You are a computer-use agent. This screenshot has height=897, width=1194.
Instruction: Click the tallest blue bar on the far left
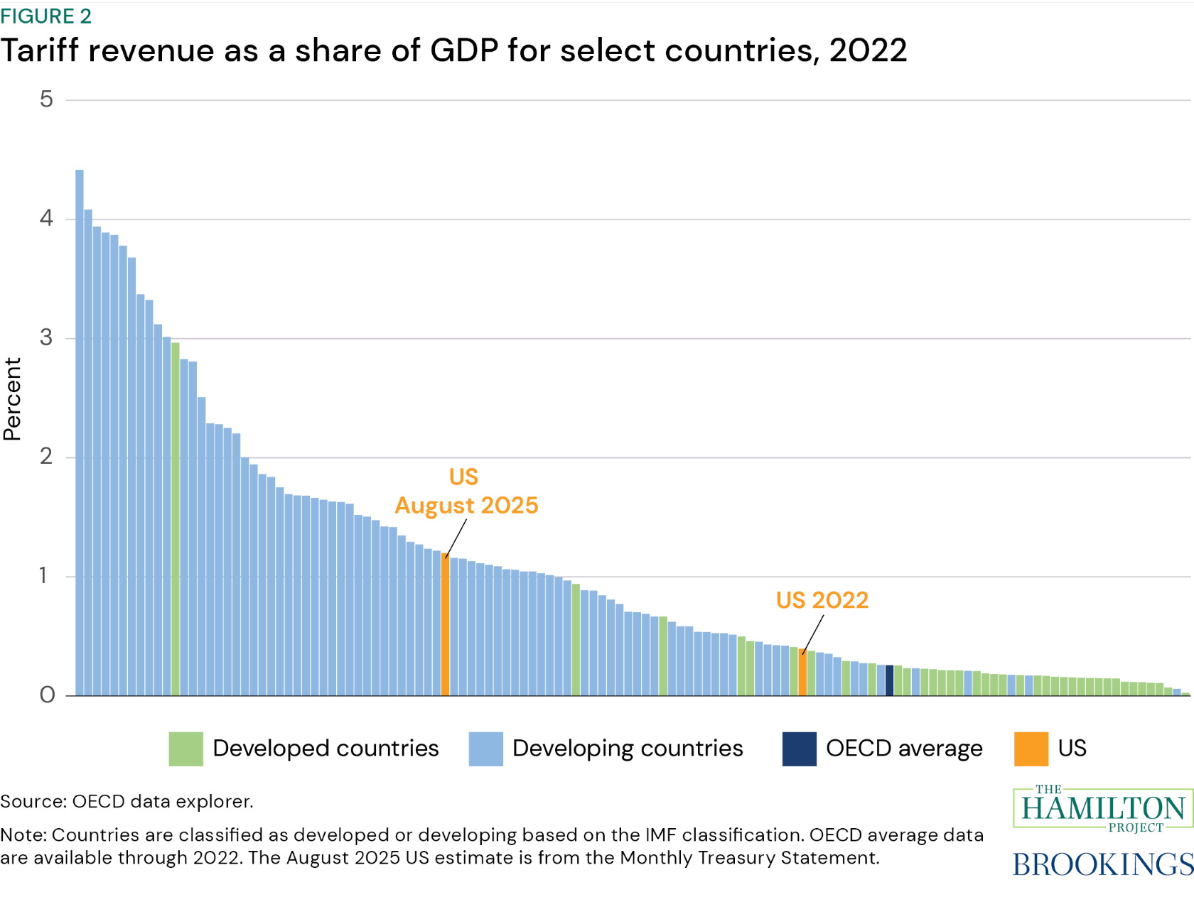pos(80,433)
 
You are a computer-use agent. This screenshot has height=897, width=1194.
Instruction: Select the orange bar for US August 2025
pos(445,625)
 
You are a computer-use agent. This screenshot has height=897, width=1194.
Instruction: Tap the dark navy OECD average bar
pos(889,680)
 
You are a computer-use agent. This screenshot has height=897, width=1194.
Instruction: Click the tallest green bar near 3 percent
pos(176,518)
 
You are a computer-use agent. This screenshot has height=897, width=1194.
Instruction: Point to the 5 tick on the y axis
pos(47,99)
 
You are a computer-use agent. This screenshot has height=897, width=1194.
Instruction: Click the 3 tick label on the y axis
pos(47,337)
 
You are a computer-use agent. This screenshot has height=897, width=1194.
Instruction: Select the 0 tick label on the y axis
pos(47,695)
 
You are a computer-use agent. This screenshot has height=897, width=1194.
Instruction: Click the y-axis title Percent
pos(13,398)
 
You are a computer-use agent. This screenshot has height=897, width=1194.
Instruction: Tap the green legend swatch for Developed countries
pos(185,749)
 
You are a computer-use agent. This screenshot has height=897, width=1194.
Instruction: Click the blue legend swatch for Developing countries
pos(485,749)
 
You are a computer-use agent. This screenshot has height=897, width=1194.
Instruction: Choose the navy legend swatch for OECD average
pos(799,749)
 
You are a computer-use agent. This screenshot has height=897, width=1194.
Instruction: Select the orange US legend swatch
pos(1031,749)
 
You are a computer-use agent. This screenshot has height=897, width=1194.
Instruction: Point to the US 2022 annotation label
pos(822,600)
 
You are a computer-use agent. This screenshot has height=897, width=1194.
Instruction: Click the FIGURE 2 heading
pos(46,16)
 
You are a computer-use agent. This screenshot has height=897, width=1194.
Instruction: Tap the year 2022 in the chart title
pos(867,50)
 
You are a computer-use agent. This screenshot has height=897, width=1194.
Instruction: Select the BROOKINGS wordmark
pos(1102,864)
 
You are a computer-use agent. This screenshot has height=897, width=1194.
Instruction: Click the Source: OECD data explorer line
pos(127,801)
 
